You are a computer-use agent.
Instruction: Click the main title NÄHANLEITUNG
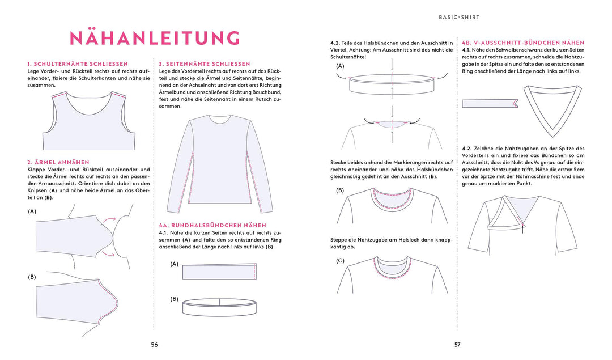(154, 38)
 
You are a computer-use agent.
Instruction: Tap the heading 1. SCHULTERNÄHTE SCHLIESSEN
(78, 64)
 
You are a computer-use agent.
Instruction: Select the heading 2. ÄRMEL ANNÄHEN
(58, 162)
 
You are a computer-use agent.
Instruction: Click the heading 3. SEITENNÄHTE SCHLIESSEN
(205, 64)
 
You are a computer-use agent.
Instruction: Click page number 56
(154, 344)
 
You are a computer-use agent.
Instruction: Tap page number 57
(457, 344)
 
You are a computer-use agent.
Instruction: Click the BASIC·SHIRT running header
(459, 17)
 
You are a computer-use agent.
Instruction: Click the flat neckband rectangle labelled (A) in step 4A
(220, 273)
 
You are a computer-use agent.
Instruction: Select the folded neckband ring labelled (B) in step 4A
(220, 307)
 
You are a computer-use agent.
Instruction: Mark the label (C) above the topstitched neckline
(340, 261)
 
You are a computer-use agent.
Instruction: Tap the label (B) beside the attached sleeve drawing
(32, 277)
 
